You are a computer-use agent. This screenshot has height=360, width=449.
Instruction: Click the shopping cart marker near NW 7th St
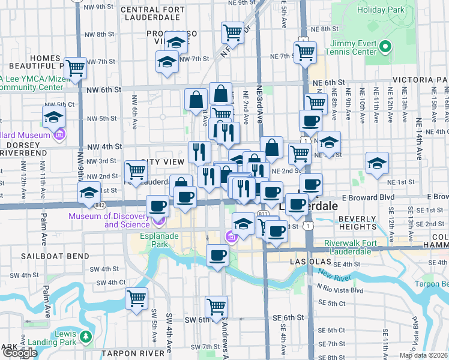click(x=76, y=68)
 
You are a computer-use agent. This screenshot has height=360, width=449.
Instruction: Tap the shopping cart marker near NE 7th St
click(x=305, y=52)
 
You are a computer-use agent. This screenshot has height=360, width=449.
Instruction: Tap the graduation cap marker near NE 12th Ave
click(x=377, y=163)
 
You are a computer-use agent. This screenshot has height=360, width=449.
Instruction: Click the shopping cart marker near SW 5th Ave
click(x=136, y=296)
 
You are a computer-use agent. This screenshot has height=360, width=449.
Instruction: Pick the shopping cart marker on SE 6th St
click(x=216, y=307)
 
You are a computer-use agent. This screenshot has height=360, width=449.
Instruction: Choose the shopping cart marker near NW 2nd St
click(x=136, y=172)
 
